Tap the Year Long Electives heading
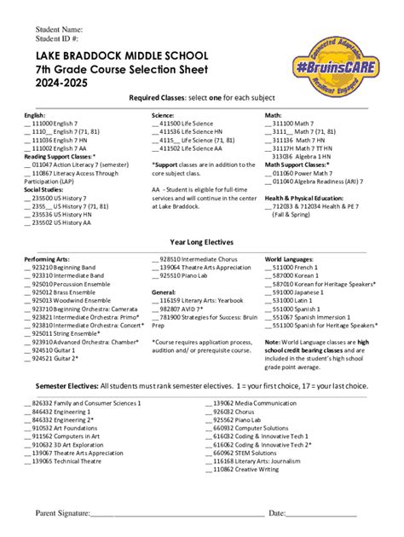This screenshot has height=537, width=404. click(201, 242)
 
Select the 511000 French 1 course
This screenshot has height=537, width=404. click(294, 267)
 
